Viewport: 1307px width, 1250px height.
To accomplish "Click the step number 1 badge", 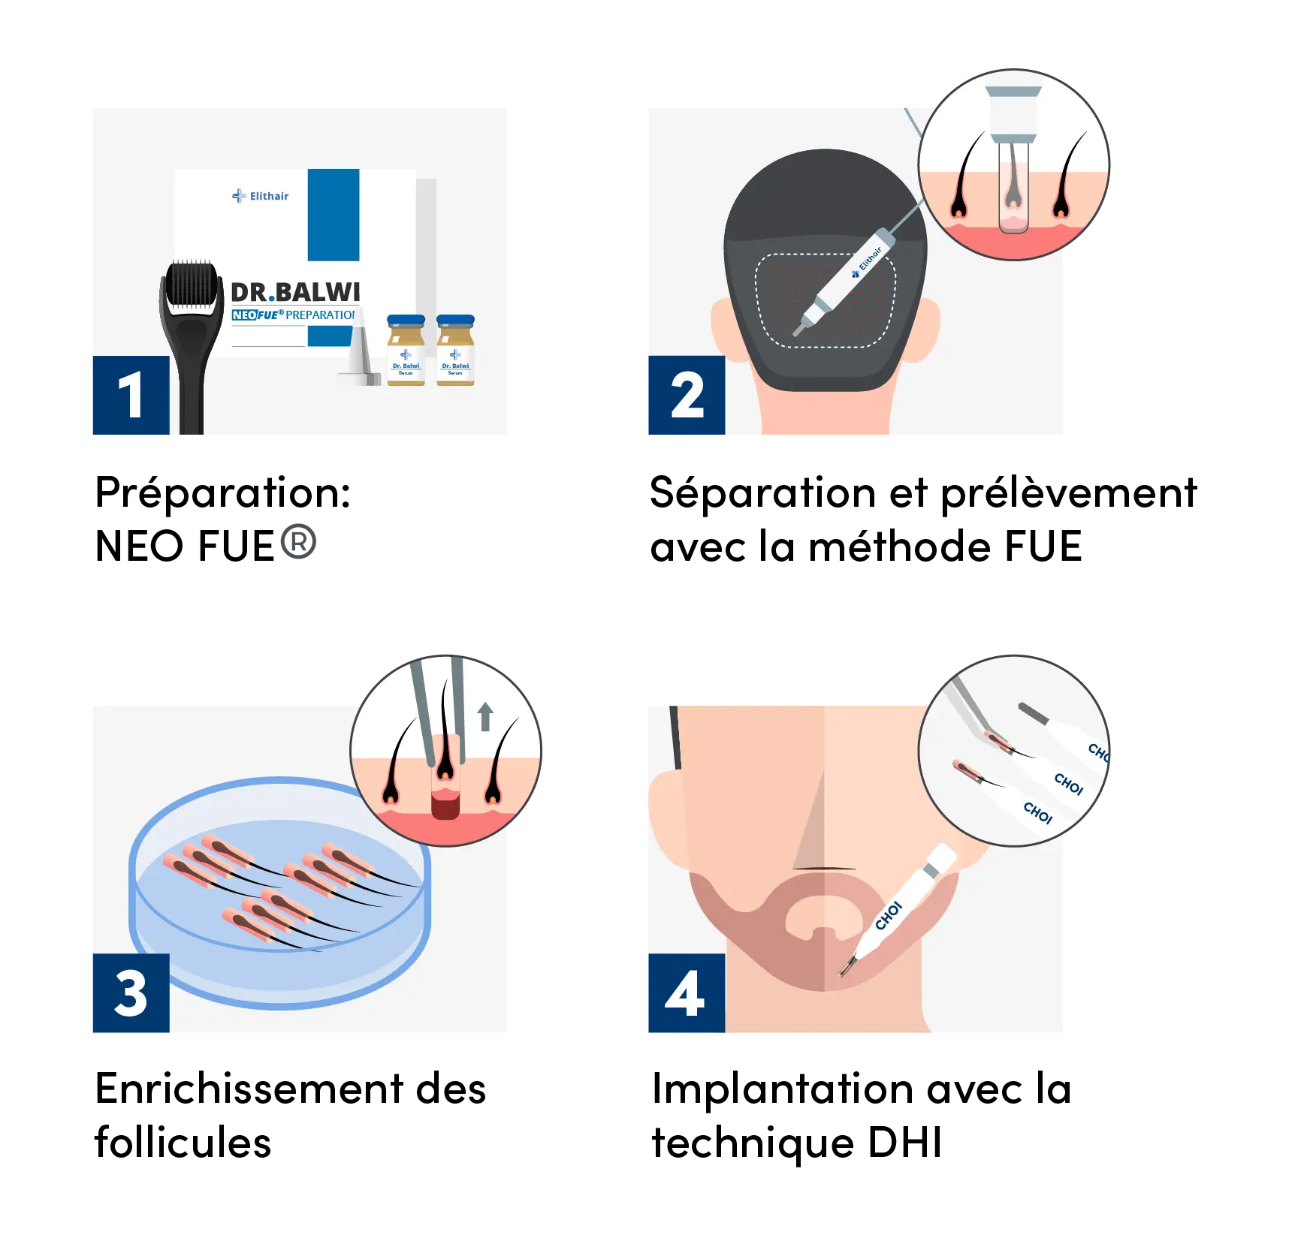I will pos(130,396).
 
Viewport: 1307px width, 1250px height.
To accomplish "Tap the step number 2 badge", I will pos(686,396).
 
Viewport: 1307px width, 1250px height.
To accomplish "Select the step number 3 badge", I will pos(130,992).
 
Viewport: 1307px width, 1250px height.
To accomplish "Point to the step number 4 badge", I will pos(684,992).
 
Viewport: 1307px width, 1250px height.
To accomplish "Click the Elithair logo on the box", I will pos(260,196).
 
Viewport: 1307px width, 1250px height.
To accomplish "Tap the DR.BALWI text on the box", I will pos(295,292).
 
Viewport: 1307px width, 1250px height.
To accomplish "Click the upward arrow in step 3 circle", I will pos(485,716).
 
